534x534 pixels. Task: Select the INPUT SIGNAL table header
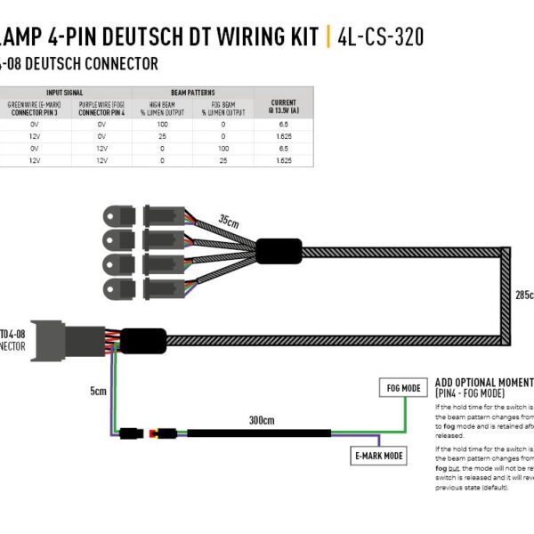(x=67, y=92)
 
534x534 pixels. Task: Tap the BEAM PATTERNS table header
(x=192, y=92)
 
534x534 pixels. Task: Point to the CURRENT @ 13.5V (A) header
(x=283, y=107)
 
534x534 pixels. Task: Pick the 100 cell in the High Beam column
(x=162, y=125)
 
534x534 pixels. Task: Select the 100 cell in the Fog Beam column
(x=224, y=149)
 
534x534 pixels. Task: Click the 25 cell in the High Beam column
(x=162, y=137)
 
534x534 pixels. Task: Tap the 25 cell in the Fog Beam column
(x=224, y=161)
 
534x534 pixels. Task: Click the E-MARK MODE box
(x=378, y=456)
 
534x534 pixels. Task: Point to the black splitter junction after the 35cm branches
(x=280, y=250)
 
